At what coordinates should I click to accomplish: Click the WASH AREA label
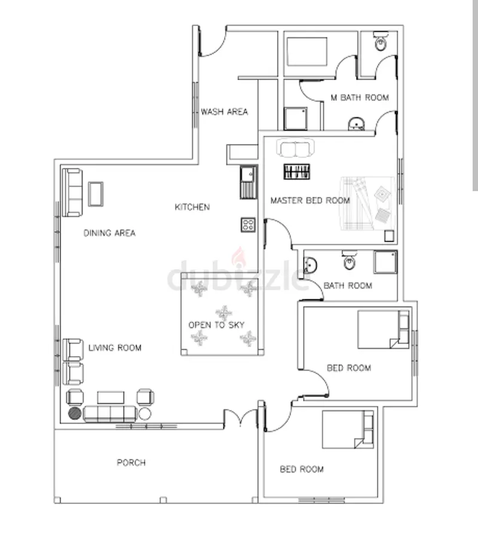click(x=224, y=112)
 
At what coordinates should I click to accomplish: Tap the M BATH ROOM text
click(x=359, y=97)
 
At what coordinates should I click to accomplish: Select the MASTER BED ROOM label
click(x=310, y=201)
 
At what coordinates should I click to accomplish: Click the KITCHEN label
click(x=192, y=207)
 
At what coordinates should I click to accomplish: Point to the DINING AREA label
click(x=109, y=233)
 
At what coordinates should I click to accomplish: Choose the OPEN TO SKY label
click(x=216, y=325)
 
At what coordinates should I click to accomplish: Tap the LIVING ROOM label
click(x=115, y=348)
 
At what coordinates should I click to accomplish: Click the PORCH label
click(x=131, y=463)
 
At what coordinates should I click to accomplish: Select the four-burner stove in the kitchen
click(x=249, y=225)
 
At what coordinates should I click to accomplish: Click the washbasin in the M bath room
click(x=356, y=124)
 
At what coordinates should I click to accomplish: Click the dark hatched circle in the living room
click(x=74, y=413)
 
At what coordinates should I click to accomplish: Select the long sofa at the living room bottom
click(x=110, y=413)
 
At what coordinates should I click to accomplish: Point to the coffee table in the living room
click(x=111, y=397)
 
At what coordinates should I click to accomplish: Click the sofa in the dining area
click(x=73, y=192)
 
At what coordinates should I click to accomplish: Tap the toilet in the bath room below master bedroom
click(x=350, y=261)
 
